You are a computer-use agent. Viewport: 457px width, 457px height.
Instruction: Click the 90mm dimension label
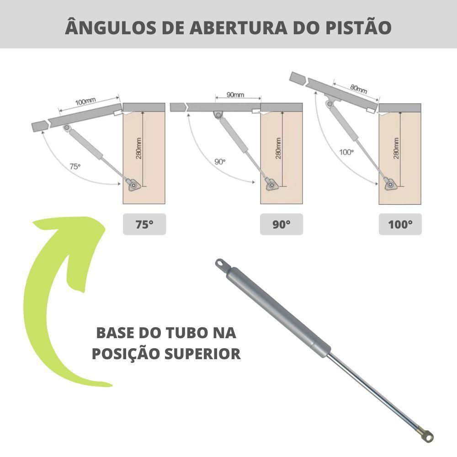click(x=235, y=95)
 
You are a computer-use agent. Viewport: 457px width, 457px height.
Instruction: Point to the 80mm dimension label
click(x=359, y=88)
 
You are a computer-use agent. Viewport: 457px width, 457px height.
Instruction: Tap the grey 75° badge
click(x=144, y=224)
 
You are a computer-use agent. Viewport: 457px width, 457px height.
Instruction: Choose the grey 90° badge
click(x=281, y=224)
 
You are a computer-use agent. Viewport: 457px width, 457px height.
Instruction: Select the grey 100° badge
click(x=400, y=224)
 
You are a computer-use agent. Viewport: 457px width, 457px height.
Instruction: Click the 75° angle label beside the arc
click(x=75, y=167)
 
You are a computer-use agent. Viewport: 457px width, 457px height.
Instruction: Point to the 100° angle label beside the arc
click(x=346, y=152)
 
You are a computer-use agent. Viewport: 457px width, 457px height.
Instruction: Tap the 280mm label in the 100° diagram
click(x=396, y=148)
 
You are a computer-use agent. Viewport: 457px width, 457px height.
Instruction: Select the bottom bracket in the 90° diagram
click(x=271, y=185)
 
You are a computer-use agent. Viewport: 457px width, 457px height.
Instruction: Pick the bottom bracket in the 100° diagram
click(x=390, y=184)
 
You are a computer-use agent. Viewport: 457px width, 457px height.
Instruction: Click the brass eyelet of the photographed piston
click(x=426, y=435)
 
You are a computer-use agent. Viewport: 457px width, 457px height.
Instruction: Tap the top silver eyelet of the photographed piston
click(x=222, y=265)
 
